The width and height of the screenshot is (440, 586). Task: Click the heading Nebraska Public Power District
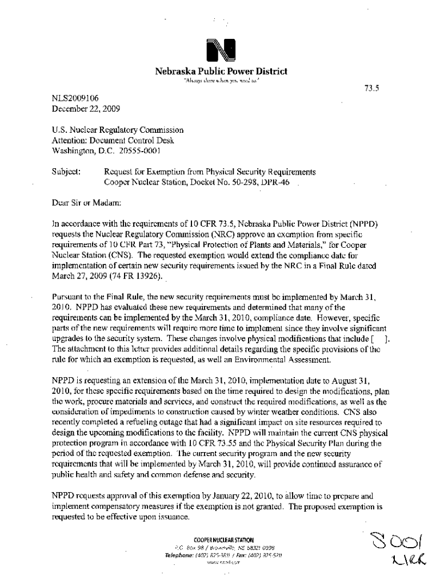221,72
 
